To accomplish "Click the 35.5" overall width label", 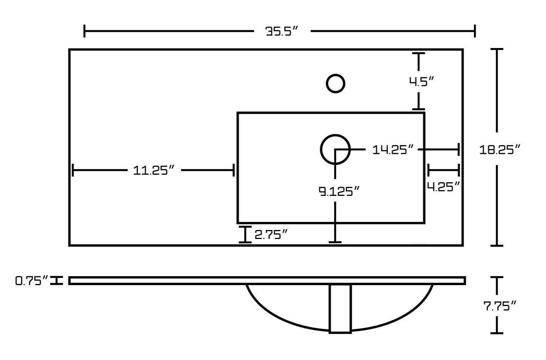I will (282, 31).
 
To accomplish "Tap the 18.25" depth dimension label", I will (500, 150).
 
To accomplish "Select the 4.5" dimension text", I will (421, 81).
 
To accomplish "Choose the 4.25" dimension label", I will (443, 186).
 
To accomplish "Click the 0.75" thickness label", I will (31, 281).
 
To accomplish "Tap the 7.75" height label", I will (500, 306).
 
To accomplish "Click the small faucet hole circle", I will (335, 84).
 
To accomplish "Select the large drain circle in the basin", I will (335, 149).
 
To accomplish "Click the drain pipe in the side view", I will (340, 308).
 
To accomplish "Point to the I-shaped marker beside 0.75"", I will (57, 281).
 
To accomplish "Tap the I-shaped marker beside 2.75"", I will (245, 234).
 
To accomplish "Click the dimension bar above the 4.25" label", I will (443, 170).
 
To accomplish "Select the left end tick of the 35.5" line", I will (85, 31).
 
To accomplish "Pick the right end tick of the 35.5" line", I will (475, 31).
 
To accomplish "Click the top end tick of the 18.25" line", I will (497, 50).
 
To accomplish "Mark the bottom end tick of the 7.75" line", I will (497, 333).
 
